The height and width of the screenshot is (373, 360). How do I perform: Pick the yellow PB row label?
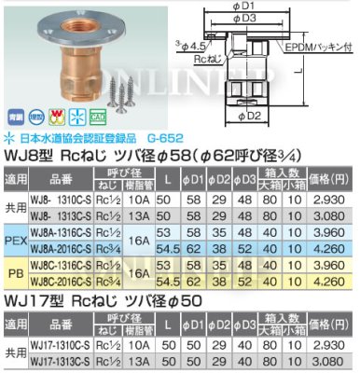coord(16,276)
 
